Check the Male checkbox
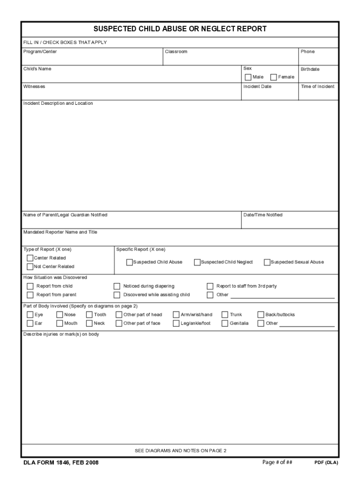click(x=248, y=77)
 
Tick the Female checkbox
click(x=274, y=77)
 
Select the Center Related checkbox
click(x=30, y=258)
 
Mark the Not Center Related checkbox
click(x=30, y=267)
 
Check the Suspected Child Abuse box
click(x=130, y=262)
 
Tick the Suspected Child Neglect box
click(x=197, y=262)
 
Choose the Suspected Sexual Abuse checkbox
click(x=267, y=262)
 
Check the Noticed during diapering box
click(x=117, y=286)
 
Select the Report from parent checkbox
click(x=30, y=295)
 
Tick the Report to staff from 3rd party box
click(x=210, y=286)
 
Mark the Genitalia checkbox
click(x=225, y=323)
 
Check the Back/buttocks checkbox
click(x=261, y=315)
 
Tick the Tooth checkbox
click(x=89, y=315)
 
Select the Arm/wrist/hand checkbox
click(x=176, y=315)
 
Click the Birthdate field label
click(x=310, y=69)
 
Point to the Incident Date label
click(x=257, y=87)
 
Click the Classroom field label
click(x=176, y=51)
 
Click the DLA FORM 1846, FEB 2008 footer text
click(x=61, y=463)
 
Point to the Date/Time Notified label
click(x=263, y=215)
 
